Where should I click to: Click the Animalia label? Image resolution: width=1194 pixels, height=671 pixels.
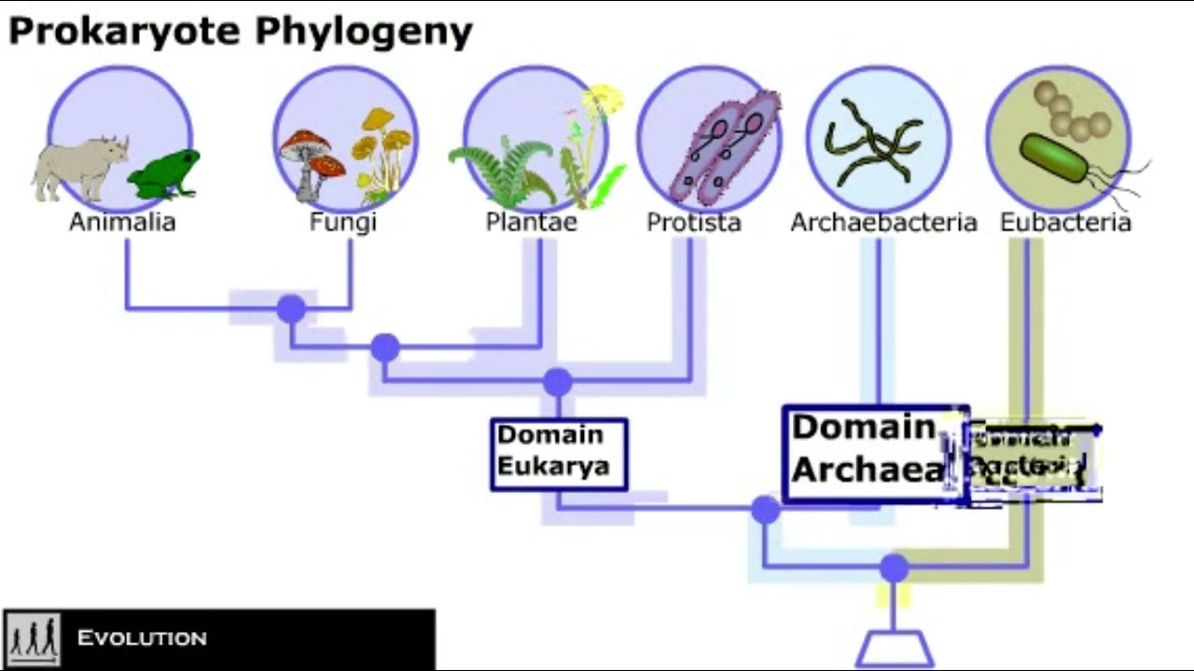(x=122, y=222)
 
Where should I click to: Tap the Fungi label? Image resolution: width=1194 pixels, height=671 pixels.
(x=343, y=222)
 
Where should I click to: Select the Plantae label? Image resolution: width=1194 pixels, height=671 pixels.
(x=531, y=222)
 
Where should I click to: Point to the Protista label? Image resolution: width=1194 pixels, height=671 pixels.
(x=694, y=222)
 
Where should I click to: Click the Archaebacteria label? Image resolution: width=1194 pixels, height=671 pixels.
(x=883, y=222)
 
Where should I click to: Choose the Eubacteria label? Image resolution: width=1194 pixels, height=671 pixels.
(x=1065, y=222)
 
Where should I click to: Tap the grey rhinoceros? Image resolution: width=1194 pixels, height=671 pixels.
(x=78, y=168)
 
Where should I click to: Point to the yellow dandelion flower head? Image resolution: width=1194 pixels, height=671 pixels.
(x=604, y=98)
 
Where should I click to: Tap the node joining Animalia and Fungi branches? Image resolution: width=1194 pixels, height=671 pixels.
(x=291, y=308)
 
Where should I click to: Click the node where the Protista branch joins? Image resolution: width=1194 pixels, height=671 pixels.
(x=557, y=381)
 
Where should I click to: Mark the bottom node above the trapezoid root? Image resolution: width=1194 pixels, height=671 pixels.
(x=894, y=568)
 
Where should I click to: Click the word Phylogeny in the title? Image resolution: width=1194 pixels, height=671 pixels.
(x=364, y=32)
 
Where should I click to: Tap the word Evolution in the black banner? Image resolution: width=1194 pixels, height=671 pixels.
(x=142, y=638)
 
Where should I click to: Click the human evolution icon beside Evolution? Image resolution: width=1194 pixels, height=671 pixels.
(x=33, y=638)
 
